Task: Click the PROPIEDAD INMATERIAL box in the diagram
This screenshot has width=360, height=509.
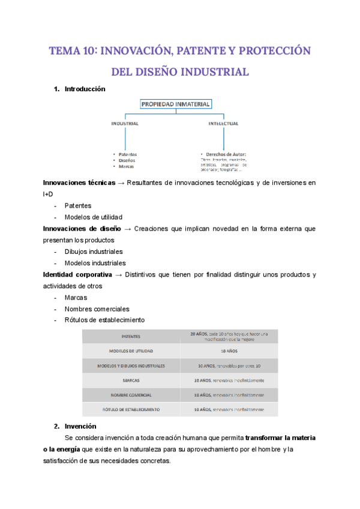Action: pos(175,104)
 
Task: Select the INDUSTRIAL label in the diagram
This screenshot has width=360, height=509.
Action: pos(125,124)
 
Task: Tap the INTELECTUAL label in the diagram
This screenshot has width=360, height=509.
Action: pos(223,124)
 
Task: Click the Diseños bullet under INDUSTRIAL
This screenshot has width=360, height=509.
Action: pos(127,160)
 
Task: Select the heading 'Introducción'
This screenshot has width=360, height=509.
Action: pos(85,89)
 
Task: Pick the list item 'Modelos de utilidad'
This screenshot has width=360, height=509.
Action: pos(93,217)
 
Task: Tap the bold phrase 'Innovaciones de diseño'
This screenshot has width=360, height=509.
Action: pos(82,229)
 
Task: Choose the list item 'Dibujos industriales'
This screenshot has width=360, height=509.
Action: pos(93,251)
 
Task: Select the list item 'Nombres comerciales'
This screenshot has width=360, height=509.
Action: pos(97,309)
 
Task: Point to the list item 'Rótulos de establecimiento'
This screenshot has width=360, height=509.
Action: pos(104,320)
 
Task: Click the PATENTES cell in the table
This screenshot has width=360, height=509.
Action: pos(131,336)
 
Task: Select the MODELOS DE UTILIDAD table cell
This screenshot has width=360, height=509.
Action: pos(131,351)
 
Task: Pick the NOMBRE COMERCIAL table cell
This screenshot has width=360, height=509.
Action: pos(131,395)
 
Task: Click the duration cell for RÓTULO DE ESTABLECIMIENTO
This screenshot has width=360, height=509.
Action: pos(229,409)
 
